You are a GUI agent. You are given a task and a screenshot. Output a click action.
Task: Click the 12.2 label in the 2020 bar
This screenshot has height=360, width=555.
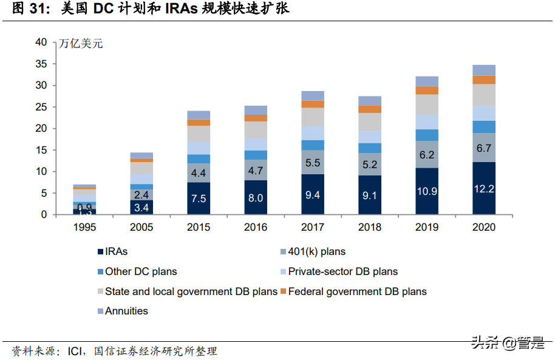[x=483, y=189]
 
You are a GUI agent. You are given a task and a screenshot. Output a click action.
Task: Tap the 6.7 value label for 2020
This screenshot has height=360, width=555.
[x=483, y=148]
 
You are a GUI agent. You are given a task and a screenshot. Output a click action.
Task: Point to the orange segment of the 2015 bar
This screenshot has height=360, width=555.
[x=199, y=123]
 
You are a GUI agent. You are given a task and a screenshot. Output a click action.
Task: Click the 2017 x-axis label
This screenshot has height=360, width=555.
[x=313, y=228]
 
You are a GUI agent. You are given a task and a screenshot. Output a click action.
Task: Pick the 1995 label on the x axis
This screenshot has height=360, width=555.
[x=84, y=228]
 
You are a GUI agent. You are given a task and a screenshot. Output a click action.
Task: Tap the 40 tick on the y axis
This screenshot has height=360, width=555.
[x=41, y=42]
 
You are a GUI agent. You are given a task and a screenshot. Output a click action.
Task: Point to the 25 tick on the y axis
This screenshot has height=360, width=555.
[x=41, y=107]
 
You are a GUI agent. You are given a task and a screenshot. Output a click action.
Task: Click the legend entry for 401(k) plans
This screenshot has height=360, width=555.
[x=316, y=251]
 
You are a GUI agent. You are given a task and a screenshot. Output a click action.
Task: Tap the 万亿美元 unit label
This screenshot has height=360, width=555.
[x=81, y=44]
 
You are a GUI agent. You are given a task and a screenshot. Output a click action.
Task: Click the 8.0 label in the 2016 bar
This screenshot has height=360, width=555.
[x=256, y=198]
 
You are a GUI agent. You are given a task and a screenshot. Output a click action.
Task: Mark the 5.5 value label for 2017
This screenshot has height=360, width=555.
[x=313, y=163]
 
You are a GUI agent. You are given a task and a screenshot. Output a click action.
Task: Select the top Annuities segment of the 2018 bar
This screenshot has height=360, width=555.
[x=369, y=101]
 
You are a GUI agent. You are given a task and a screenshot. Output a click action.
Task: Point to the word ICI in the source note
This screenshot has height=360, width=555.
[x=75, y=351]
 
